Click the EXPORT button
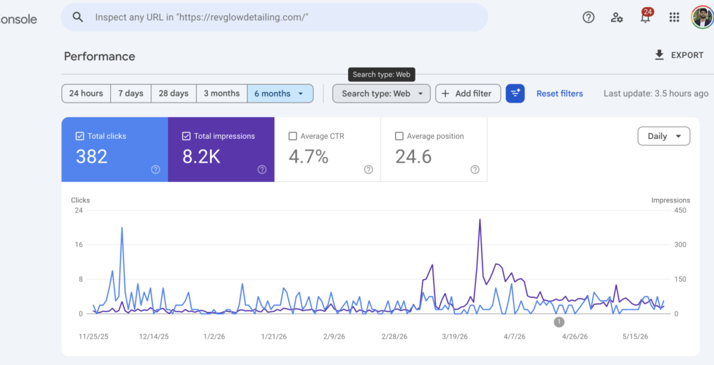(678, 55)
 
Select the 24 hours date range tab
(86, 94)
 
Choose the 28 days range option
(174, 94)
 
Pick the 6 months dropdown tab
(280, 94)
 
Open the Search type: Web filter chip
(381, 94)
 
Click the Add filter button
(468, 94)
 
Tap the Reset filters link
(560, 94)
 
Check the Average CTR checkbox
(293, 136)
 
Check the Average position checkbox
(400, 136)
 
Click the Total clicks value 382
(91, 157)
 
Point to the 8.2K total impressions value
(202, 157)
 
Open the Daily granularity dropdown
(664, 136)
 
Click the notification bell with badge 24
(645, 17)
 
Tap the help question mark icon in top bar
(588, 17)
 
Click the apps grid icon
(674, 17)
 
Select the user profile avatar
(701, 17)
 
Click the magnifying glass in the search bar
(78, 17)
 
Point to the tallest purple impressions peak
(480, 220)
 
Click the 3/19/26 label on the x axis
(455, 336)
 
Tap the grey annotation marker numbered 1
(559, 322)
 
